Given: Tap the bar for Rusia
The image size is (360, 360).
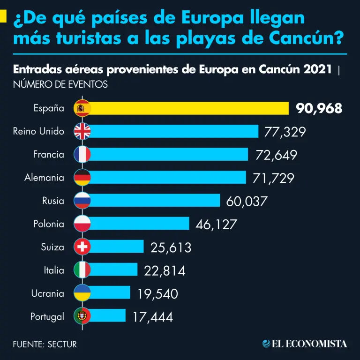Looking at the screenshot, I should tap(155, 201).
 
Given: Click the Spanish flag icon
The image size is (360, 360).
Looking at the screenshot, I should tap(82, 108).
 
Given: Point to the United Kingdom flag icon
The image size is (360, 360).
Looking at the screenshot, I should tap(82, 131).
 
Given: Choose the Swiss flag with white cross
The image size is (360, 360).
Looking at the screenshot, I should tap(82, 247).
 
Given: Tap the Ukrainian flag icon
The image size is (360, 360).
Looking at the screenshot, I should tap(82, 292).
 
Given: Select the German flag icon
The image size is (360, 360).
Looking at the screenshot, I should tap(82, 177).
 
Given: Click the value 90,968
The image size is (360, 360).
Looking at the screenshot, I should tap(319, 109).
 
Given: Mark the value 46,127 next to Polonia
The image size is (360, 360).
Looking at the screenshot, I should tap(216, 225).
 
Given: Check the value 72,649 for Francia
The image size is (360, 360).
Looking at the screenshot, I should tap(276, 155).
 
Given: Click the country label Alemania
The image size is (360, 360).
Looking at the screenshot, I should tap(45, 178).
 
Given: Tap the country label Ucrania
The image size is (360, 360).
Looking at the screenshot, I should tap(47, 293).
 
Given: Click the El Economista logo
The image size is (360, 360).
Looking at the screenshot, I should tap(305, 344).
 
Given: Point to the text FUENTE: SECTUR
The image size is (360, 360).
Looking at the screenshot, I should tap(45, 344).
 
